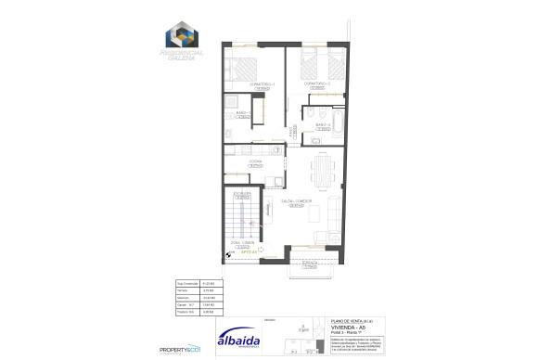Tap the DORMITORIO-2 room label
click(x=318, y=84)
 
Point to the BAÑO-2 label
click(x=322, y=125)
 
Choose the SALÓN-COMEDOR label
click(x=296, y=201)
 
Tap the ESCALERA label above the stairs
click(x=243, y=194)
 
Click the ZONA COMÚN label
click(x=243, y=246)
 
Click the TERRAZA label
click(x=310, y=263)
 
